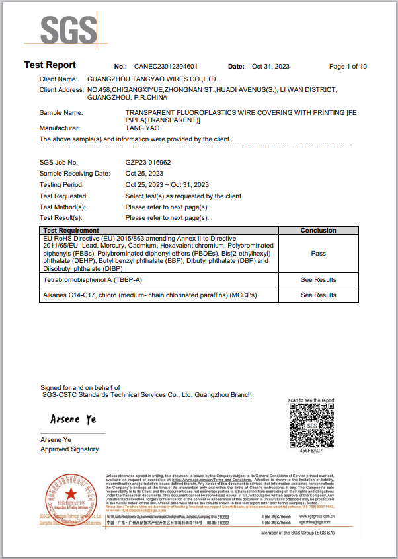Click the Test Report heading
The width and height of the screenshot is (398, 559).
click(x=50, y=65)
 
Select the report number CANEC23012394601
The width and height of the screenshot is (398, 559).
click(x=165, y=67)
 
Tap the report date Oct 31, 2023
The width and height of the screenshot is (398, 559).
click(x=271, y=67)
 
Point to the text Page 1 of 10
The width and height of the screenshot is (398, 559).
click(x=348, y=67)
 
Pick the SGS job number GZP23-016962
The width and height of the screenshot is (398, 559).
click(x=148, y=161)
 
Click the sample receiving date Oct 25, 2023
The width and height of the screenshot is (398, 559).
click(x=144, y=173)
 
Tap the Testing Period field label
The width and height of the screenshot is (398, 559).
click(x=62, y=185)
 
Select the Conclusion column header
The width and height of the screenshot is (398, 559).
click(x=319, y=230)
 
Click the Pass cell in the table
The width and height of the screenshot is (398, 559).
click(x=319, y=253)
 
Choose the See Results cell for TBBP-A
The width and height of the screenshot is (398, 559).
click(x=319, y=280)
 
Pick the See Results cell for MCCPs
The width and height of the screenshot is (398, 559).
click(x=319, y=295)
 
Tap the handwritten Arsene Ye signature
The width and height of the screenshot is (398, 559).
click(x=73, y=420)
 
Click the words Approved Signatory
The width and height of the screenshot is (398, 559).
click(x=69, y=449)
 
